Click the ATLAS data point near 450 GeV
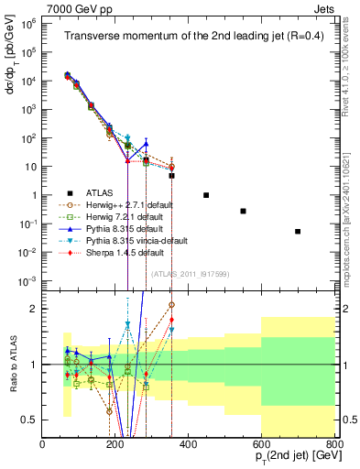point(206,195)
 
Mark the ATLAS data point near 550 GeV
point(243,211)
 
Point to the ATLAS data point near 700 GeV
point(298,232)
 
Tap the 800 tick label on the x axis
point(334,444)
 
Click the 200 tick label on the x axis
point(115,444)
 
